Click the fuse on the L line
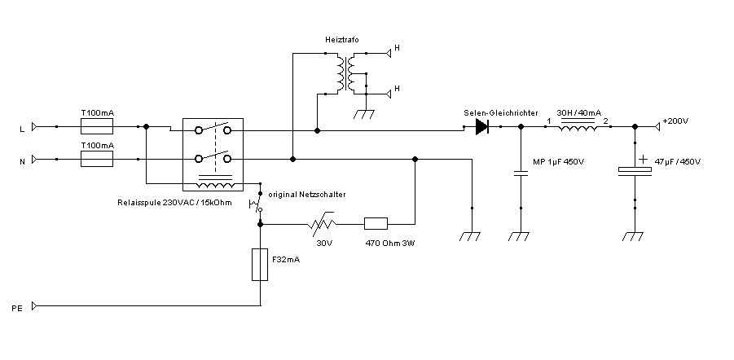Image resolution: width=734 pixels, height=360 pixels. [97, 126]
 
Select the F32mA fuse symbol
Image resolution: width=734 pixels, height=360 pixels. [260, 265]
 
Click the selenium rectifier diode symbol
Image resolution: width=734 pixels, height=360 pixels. [482, 126]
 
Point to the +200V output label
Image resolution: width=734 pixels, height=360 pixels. [675, 121]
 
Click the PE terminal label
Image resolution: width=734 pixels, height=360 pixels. [16, 309]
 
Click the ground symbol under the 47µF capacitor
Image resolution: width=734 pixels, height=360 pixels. [634, 236]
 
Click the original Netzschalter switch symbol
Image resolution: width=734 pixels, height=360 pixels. [258, 202]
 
